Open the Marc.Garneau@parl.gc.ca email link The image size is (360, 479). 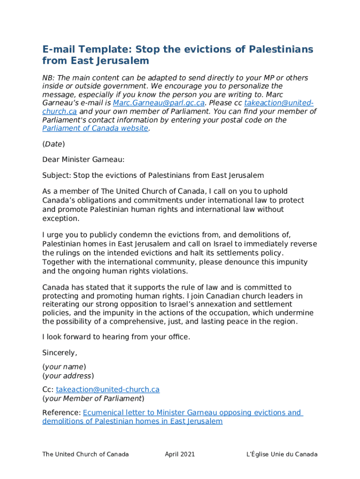159,103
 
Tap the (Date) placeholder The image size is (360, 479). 53,144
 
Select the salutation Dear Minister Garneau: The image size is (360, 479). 84,160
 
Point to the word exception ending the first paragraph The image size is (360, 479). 60,218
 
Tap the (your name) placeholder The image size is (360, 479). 64,367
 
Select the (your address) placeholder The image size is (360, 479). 68,376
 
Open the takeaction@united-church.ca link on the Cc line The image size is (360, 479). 108,390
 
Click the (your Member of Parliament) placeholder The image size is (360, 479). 93,399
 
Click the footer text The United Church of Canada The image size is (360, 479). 85,454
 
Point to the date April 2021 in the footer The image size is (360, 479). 180,454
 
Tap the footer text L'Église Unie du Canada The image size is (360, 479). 282,454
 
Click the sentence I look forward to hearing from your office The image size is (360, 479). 116,337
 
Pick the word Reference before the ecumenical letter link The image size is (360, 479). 61,413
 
